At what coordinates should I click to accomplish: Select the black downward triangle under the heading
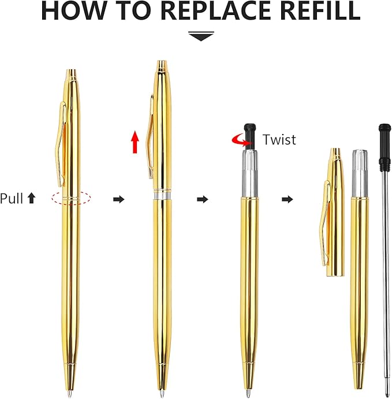click(201, 36)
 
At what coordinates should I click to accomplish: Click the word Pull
click(11, 199)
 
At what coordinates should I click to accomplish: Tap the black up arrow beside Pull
click(31, 199)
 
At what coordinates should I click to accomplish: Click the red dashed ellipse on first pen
click(71, 198)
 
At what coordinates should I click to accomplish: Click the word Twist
click(279, 139)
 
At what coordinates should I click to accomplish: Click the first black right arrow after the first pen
click(118, 199)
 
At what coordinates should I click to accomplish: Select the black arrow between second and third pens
click(202, 199)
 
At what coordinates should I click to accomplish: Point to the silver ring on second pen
click(162, 196)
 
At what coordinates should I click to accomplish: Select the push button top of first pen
click(71, 73)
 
